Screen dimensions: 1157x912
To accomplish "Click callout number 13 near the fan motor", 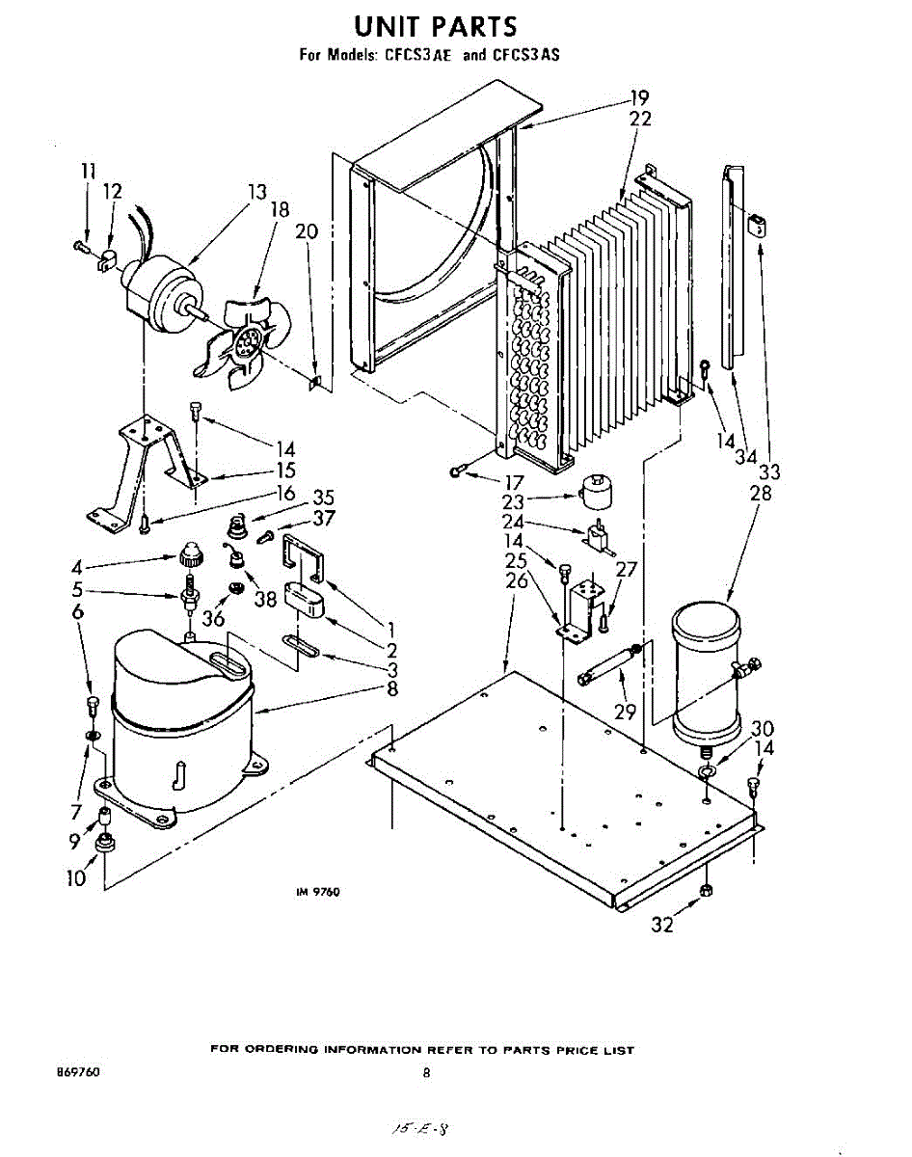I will tap(256, 192).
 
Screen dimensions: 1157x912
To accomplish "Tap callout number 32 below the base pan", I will tap(661, 926).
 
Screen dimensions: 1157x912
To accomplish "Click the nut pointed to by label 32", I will tap(706, 889).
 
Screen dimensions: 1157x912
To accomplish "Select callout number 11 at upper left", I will tap(89, 171).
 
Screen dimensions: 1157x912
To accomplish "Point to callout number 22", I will tap(640, 119).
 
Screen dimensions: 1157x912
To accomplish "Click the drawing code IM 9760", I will tap(317, 893).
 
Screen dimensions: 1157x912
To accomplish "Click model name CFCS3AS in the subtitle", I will tap(526, 55).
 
